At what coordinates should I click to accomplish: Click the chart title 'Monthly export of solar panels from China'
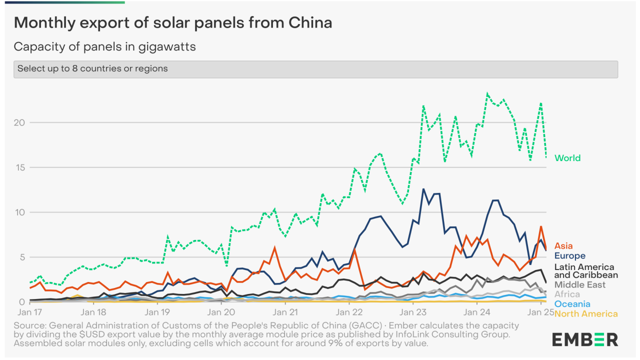[x=173, y=22]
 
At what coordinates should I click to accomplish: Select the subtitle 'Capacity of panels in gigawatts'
[x=104, y=47]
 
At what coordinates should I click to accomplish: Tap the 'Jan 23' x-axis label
[x=412, y=312]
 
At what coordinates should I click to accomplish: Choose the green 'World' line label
[x=567, y=158]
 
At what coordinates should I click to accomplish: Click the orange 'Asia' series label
[x=563, y=246]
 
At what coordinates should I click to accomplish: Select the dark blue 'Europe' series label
[x=569, y=256]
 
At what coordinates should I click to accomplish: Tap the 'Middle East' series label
[x=579, y=285]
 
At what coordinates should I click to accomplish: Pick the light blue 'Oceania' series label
[x=572, y=304]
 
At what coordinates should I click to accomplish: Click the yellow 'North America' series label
[x=586, y=314]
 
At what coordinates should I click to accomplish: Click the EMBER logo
[x=585, y=339]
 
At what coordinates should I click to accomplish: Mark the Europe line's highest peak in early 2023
[x=423, y=189]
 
